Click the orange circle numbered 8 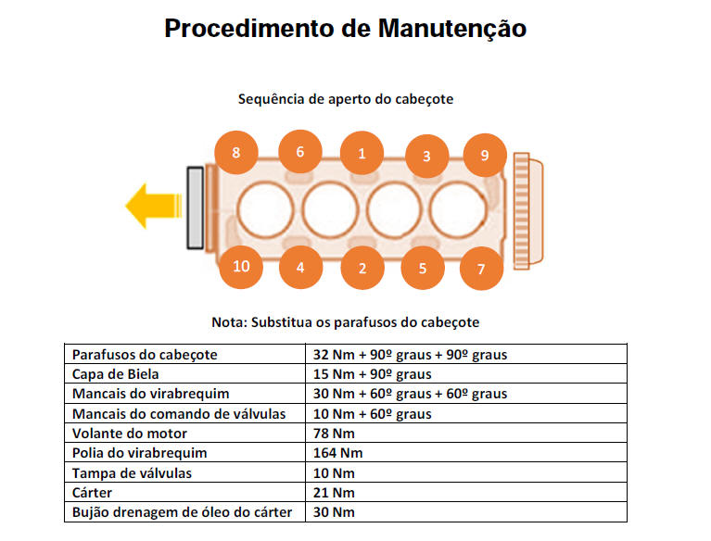point(235,153)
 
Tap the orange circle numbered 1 point(362,153)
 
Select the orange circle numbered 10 point(241,267)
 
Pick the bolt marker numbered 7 point(481,269)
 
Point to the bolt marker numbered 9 point(485,156)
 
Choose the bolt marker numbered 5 point(423,268)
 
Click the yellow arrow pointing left point(153,206)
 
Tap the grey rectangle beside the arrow point(196,208)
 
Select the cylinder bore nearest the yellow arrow point(265,209)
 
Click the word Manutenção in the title point(452,29)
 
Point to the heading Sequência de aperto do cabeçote point(346,99)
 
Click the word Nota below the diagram point(228,322)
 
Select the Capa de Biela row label point(115,374)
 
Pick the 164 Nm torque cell point(337,453)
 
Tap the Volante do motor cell point(129,434)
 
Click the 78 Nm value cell point(334,434)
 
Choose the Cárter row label point(92,493)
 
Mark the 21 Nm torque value point(334,493)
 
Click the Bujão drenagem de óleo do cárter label point(182,512)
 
